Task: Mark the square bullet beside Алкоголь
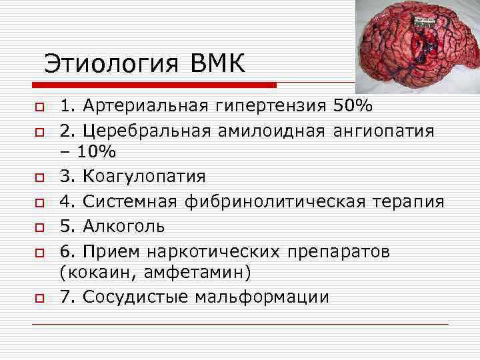click(39, 227)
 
